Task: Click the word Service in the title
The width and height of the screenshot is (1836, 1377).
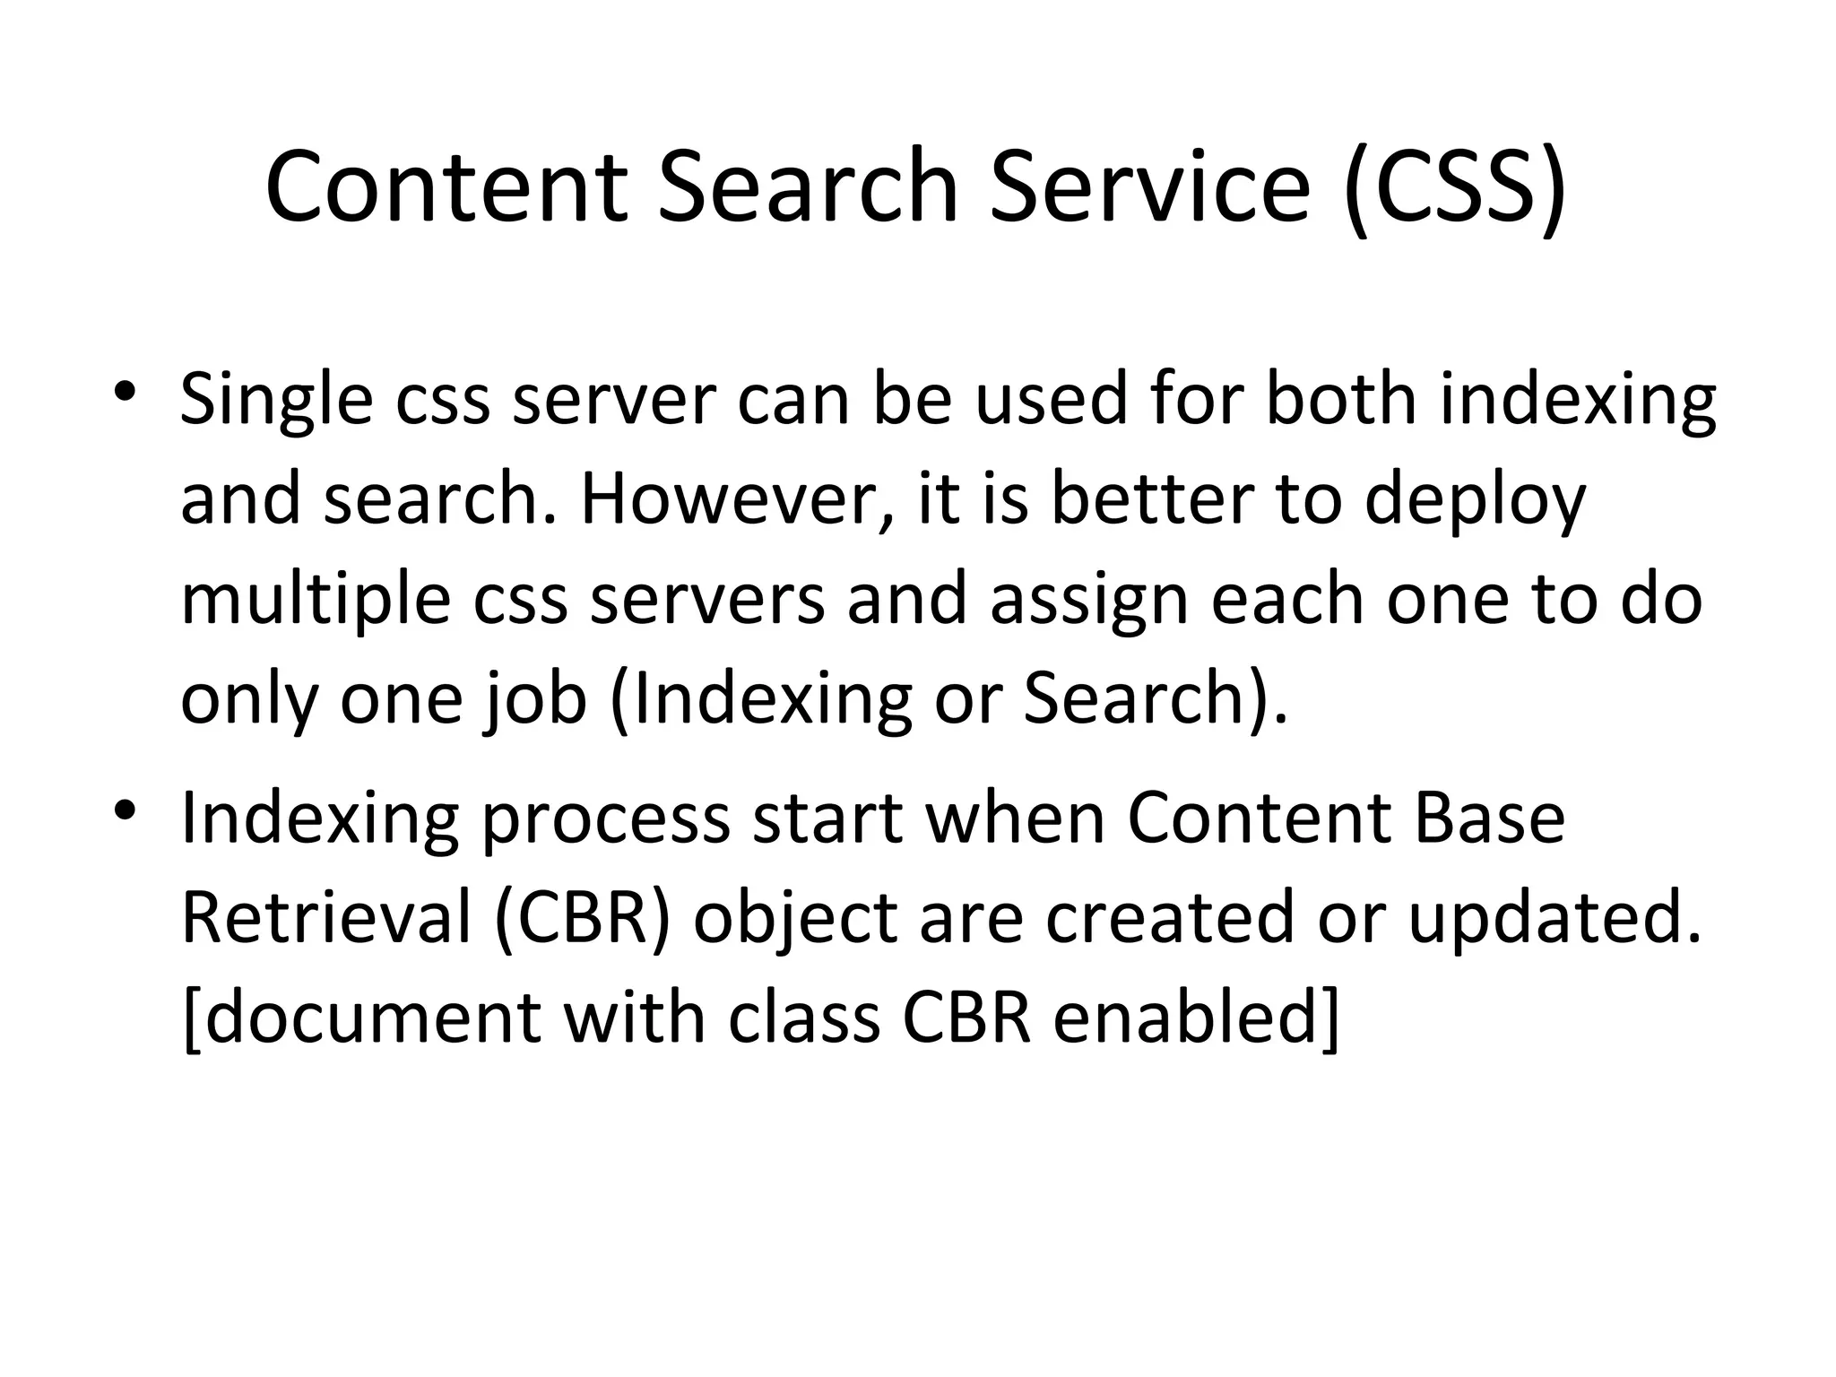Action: (x=1149, y=188)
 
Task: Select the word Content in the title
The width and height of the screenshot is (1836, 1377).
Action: (x=446, y=188)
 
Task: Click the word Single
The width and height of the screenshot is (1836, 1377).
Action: (x=276, y=401)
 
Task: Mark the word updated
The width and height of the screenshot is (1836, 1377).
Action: (x=1555, y=920)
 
